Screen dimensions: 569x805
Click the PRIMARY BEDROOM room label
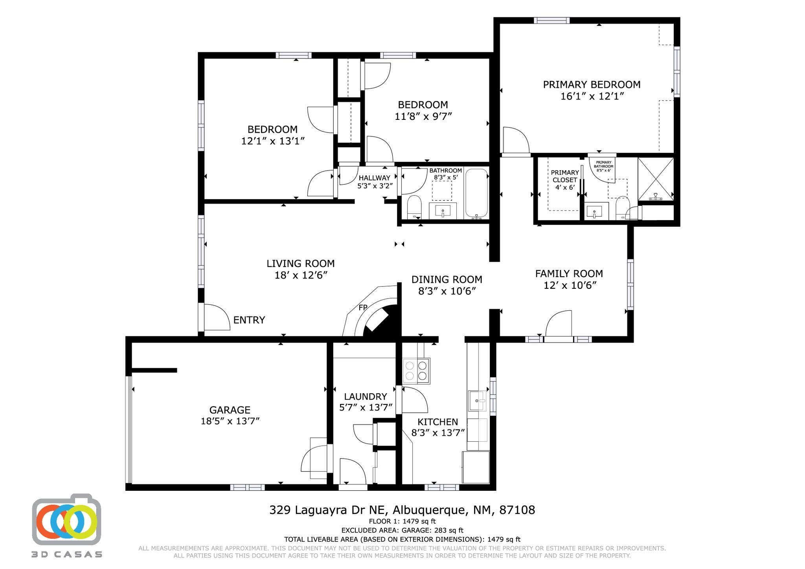592,84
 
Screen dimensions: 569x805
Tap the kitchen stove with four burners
416,371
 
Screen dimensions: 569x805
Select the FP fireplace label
362,308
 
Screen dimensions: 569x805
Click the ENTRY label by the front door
249,320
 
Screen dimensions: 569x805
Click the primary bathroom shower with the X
655,178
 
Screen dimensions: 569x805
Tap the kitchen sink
477,400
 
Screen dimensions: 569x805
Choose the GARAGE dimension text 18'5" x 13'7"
230,421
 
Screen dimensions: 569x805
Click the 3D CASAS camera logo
66,521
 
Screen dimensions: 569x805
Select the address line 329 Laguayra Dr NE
402,510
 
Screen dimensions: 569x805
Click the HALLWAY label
374,178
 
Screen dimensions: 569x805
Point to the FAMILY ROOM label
569,273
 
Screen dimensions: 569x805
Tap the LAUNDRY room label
366,396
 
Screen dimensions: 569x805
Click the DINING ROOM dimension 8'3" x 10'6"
447,291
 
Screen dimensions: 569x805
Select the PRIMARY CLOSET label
565,176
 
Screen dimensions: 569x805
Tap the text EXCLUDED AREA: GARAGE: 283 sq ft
402,530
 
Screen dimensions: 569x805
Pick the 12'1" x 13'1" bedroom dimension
273,141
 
